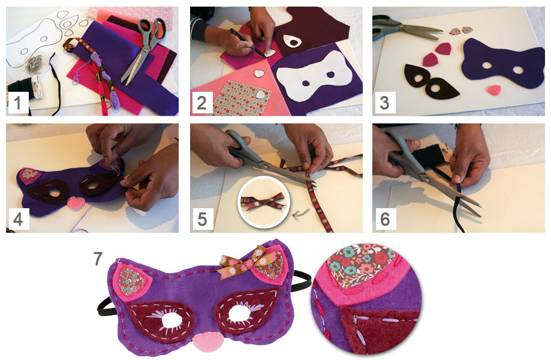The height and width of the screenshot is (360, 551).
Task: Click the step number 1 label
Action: click(x=17, y=103)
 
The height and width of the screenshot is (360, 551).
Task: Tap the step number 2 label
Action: click(x=201, y=103)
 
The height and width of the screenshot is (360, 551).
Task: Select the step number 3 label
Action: click(x=385, y=103)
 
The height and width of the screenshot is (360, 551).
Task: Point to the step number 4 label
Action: click(x=17, y=220)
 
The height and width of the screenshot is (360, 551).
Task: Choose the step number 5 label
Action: click(x=202, y=220)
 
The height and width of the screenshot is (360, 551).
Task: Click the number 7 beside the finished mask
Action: click(x=98, y=259)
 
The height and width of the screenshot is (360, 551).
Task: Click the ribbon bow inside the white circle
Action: click(x=263, y=202)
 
